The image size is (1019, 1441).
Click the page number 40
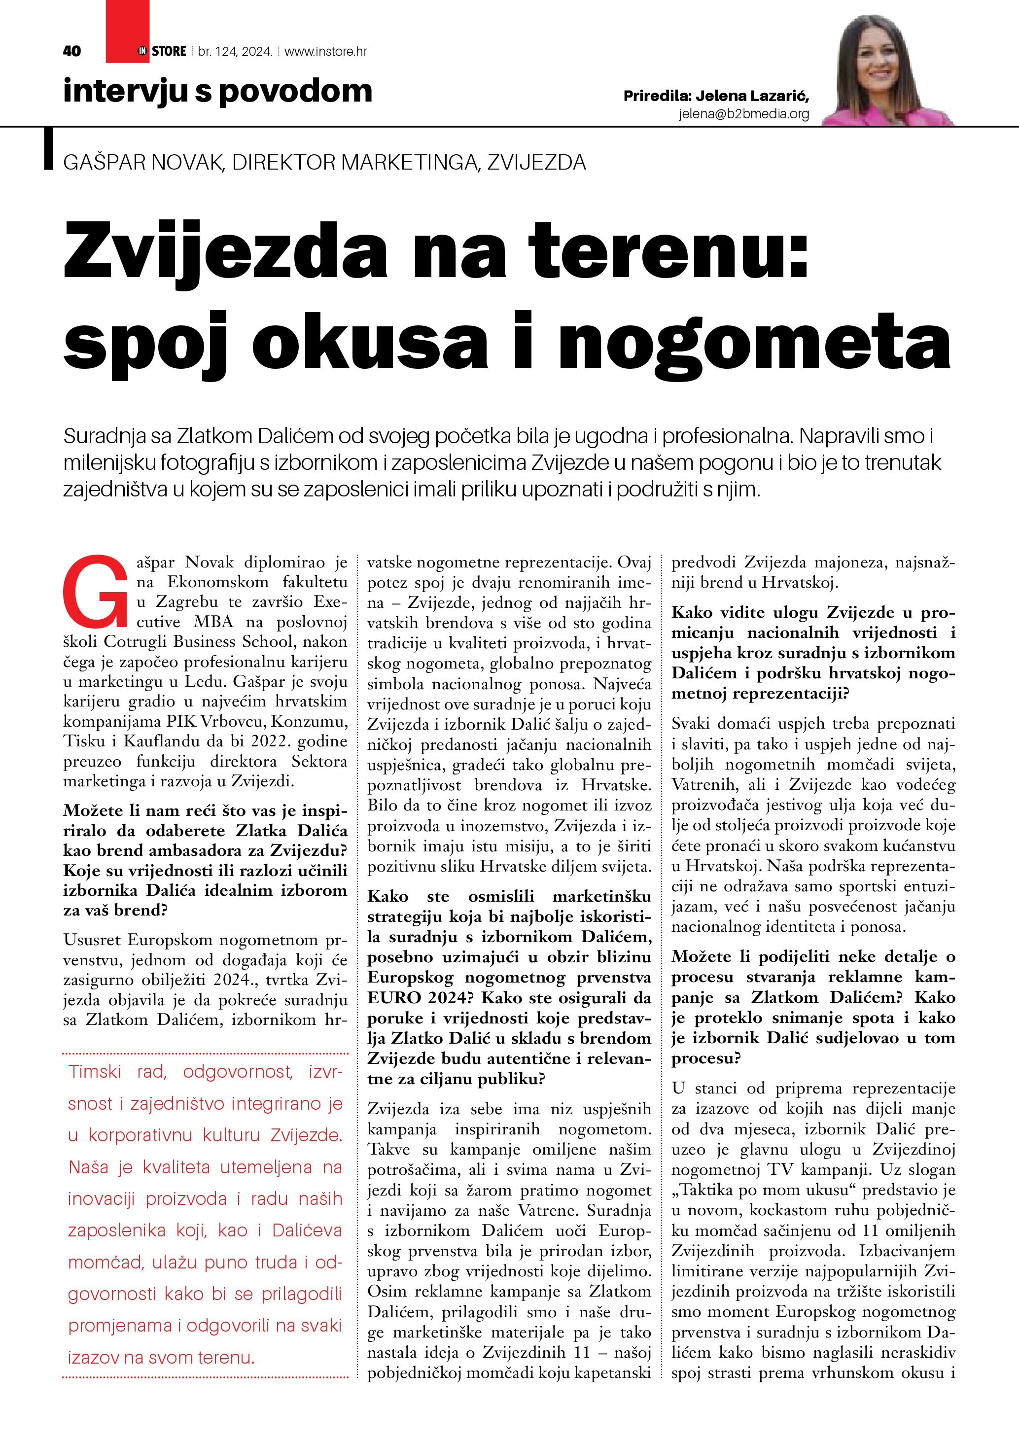click(72, 51)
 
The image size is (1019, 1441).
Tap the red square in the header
click(127, 32)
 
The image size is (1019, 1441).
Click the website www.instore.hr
click(326, 51)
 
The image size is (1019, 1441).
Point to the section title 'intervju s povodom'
click(217, 91)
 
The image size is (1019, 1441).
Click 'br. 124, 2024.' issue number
click(235, 51)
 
